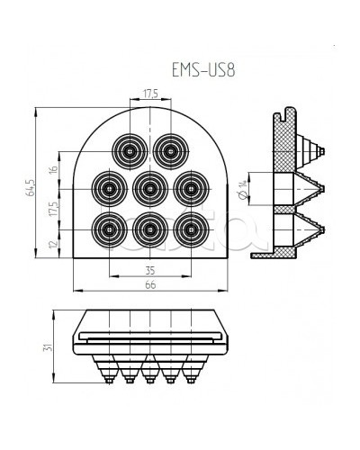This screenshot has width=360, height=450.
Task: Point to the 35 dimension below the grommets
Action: (149, 268)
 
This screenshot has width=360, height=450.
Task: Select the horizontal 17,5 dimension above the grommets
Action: (150, 92)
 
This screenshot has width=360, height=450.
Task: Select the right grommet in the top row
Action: (169, 149)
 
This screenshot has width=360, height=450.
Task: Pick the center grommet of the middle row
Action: (149, 188)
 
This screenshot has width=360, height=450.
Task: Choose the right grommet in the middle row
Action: (188, 188)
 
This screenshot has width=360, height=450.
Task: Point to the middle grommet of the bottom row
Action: (149, 227)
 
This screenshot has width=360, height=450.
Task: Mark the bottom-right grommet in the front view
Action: (188, 227)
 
